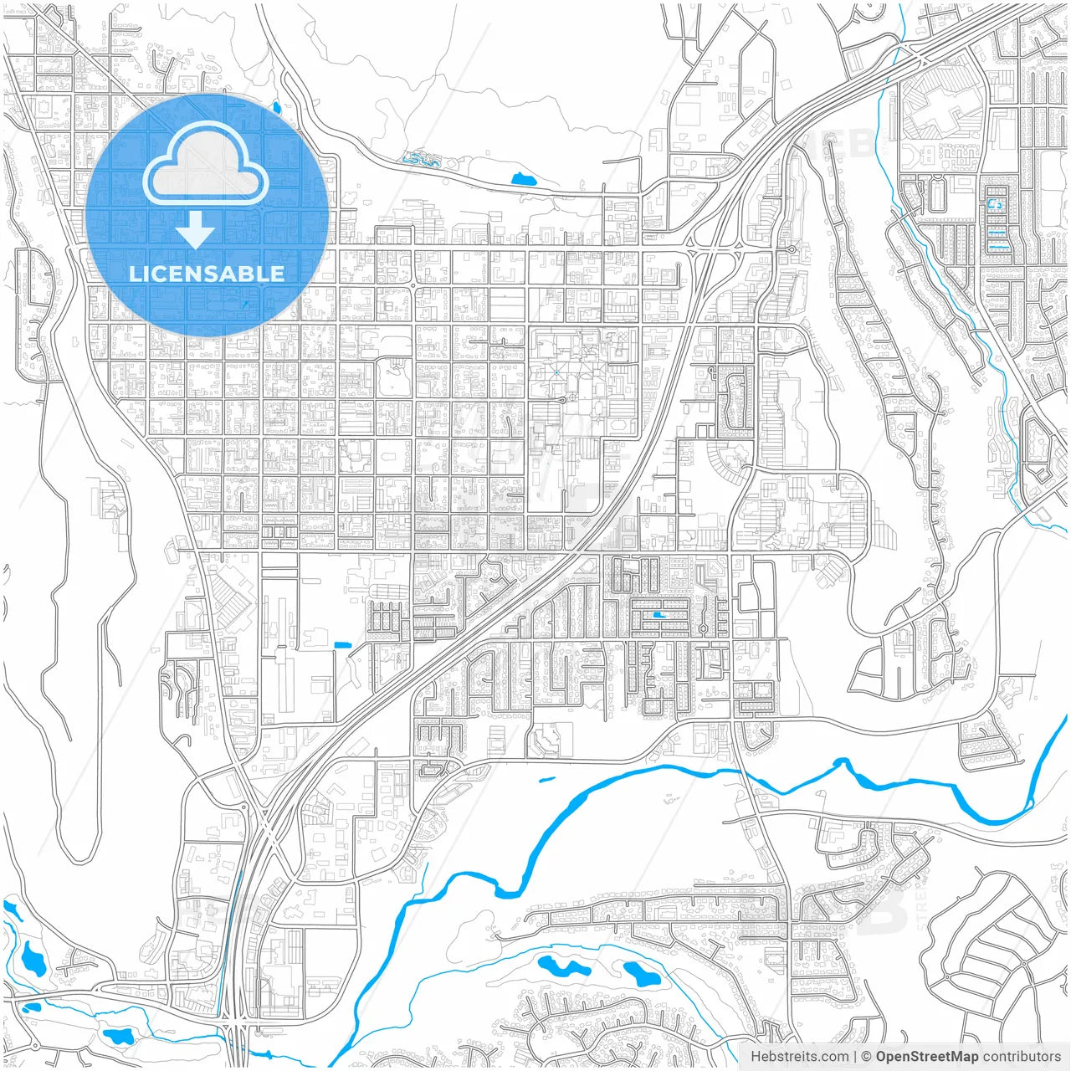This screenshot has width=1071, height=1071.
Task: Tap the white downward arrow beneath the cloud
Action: click(x=195, y=229)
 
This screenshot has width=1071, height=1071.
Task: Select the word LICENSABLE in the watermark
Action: click(x=207, y=274)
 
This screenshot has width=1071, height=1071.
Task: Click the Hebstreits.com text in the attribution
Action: click(x=799, y=1057)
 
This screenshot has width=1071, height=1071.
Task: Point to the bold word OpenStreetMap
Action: click(x=927, y=1057)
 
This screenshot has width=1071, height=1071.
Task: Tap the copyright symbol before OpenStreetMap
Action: click(x=867, y=1057)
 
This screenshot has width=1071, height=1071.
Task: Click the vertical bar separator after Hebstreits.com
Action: click(x=855, y=1057)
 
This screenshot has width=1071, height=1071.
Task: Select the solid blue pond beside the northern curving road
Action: click(x=524, y=178)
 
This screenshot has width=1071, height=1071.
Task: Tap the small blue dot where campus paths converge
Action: click(x=556, y=372)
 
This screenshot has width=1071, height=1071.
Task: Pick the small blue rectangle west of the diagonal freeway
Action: click(x=341, y=644)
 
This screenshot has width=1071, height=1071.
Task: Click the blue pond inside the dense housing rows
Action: click(x=660, y=615)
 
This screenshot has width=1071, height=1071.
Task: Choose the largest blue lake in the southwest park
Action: click(x=33, y=958)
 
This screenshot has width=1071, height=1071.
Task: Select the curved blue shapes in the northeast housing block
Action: click(x=996, y=218)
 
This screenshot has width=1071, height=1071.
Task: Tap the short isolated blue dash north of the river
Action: click(x=547, y=779)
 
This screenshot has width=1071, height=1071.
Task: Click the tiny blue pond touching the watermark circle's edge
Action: click(x=276, y=108)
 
